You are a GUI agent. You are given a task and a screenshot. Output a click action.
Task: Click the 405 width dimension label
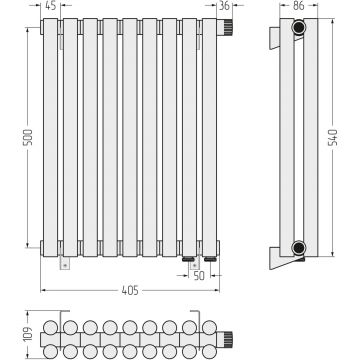point(130,291)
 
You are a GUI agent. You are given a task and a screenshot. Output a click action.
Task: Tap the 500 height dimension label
point(29,137)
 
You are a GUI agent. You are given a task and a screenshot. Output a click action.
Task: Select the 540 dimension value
point(334,137)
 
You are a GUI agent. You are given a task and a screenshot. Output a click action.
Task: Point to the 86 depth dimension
point(299,6)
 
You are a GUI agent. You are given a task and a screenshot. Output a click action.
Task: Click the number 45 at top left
point(50,6)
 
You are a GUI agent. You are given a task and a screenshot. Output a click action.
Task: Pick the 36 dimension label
point(225,6)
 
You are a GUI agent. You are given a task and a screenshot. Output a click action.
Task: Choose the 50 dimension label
point(199,276)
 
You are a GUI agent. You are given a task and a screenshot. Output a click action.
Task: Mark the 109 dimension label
point(29,334)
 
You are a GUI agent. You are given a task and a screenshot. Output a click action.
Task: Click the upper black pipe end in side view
point(299,27)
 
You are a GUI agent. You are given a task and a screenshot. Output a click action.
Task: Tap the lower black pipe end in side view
point(299,248)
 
